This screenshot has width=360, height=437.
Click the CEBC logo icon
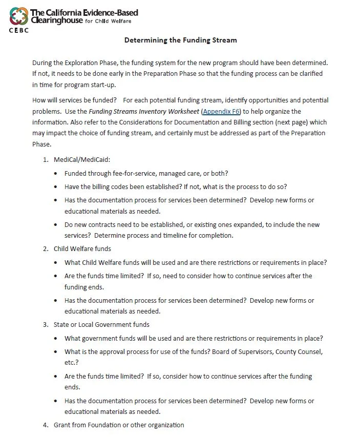coord(18,16)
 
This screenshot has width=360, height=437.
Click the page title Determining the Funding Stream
coord(180,40)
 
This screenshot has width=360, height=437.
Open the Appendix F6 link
coord(221,111)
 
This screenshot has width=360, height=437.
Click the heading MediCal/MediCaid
coord(78,159)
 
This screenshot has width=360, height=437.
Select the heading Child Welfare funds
coord(82,249)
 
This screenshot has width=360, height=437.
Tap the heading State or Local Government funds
coord(101,324)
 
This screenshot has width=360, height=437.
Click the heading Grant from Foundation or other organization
coord(119,425)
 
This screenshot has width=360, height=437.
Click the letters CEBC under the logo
coord(18,30)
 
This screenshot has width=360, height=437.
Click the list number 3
coord(45,324)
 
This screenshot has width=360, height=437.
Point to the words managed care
coord(175,173)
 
